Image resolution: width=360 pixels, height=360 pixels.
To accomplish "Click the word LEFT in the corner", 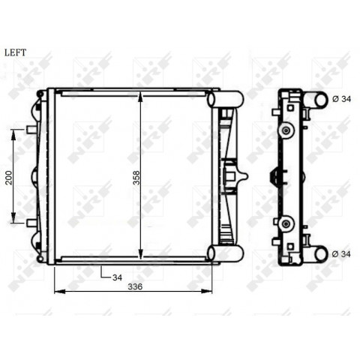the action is point(15,52).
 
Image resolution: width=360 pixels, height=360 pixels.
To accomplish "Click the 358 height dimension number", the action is point(136,178).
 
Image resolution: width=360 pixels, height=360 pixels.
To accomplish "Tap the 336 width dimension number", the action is point(135,286).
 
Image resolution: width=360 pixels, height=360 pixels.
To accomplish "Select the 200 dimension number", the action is point(9,178).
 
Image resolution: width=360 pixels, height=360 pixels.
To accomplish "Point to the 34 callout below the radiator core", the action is point(117,277).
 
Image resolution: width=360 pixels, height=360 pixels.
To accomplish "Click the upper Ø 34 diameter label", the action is point(341,99).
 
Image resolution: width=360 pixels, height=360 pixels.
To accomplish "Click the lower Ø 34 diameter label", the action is point(341,254).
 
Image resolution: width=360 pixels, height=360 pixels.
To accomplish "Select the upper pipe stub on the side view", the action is point(318,100).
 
